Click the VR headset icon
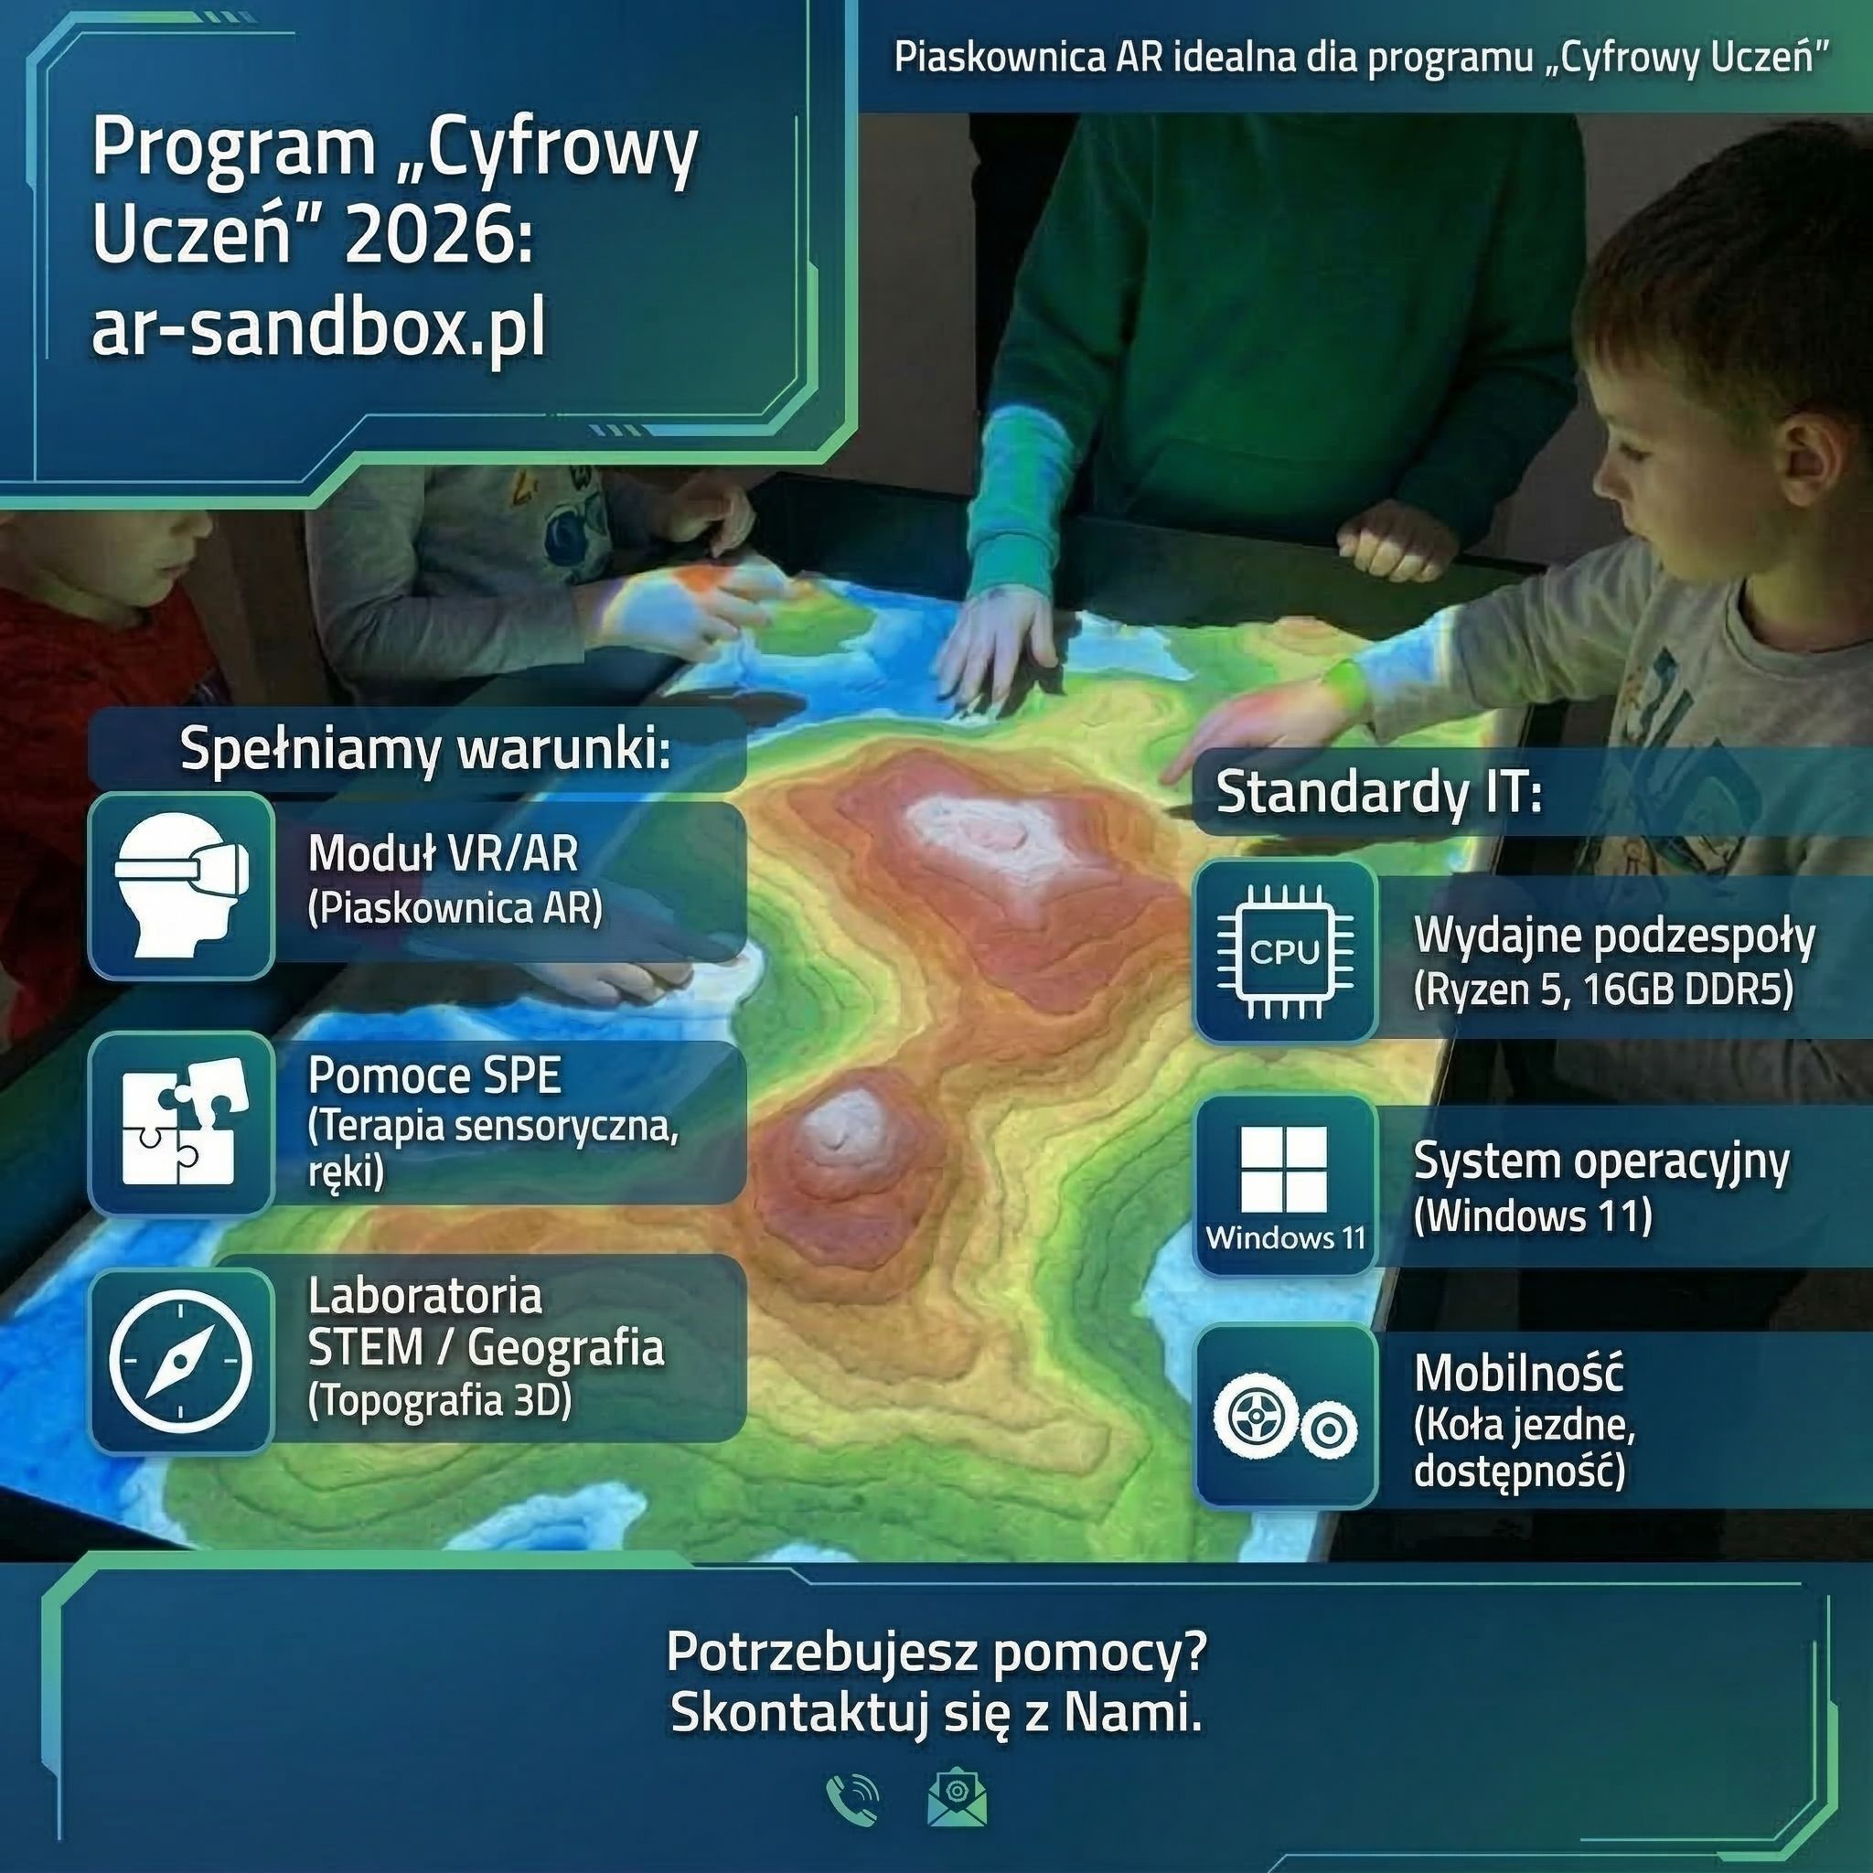(x=181, y=885)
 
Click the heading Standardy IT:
(x=1377, y=792)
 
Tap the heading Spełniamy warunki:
(x=424, y=749)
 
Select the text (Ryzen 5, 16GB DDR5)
(x=1603, y=990)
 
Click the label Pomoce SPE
(x=434, y=1076)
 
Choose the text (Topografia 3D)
(x=439, y=1400)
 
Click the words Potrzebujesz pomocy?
(x=936, y=1652)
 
